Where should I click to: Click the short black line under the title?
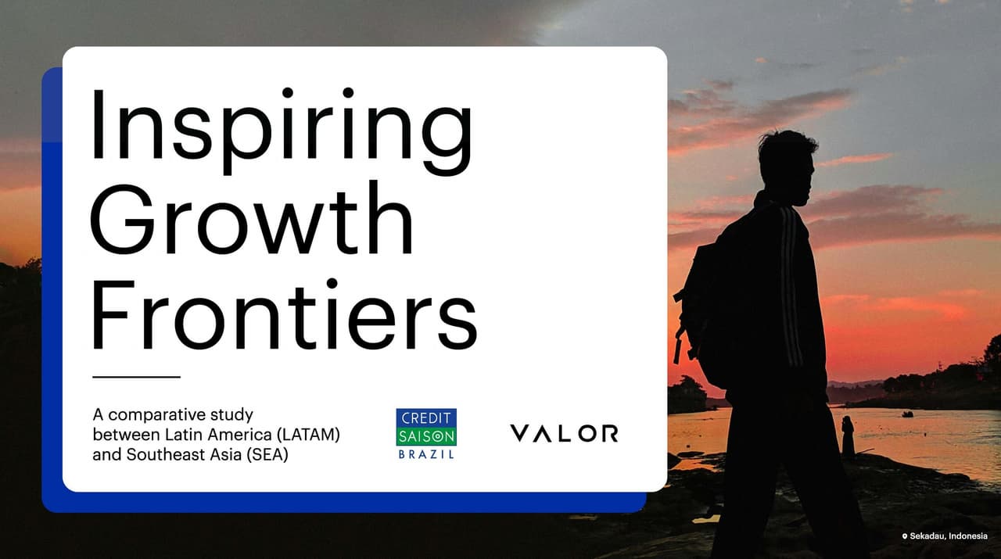click(x=136, y=377)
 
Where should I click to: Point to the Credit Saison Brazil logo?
click(x=425, y=433)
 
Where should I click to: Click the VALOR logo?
click(x=563, y=433)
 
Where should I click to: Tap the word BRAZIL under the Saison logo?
click(x=425, y=454)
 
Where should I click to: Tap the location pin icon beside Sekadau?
click(x=905, y=536)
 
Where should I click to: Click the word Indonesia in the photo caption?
click(x=967, y=536)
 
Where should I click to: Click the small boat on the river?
click(x=907, y=414)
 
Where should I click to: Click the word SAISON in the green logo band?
click(x=425, y=436)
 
